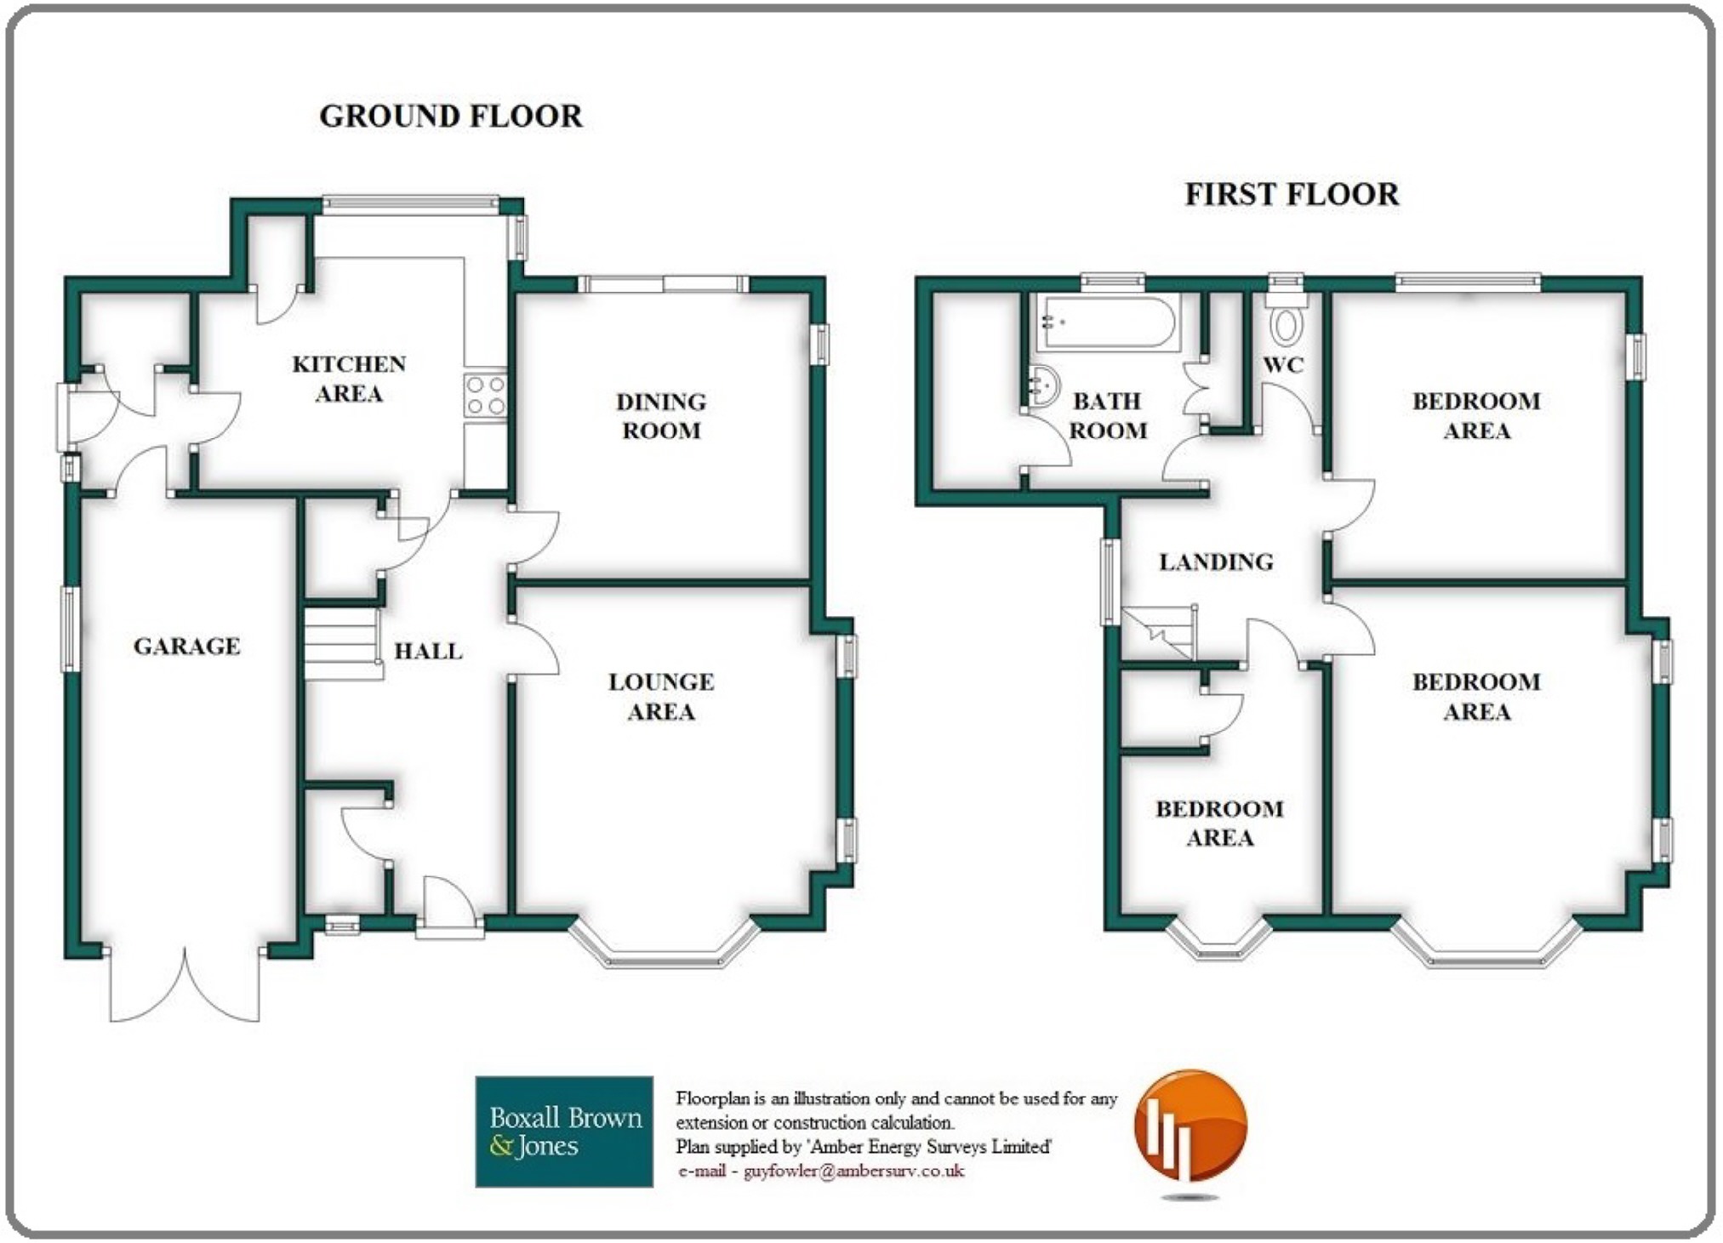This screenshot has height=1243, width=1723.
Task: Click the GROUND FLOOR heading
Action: pos(451,116)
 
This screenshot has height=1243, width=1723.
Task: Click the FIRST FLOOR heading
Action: pos(1292,194)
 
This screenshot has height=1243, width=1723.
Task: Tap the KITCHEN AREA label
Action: pos(349,379)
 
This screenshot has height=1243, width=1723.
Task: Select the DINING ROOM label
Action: pos(661,416)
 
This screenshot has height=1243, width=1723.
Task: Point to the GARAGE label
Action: pos(187,647)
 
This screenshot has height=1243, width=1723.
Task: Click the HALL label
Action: pos(428,652)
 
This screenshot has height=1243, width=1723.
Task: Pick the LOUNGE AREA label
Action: pos(661,697)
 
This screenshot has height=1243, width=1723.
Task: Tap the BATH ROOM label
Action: pos(1108,416)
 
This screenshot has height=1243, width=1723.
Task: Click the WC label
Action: pos(1283,365)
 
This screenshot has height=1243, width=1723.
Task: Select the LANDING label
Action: pos(1216,562)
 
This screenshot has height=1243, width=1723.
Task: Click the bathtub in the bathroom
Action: pos(1108,322)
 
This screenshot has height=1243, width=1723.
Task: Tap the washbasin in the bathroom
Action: pos(1043,388)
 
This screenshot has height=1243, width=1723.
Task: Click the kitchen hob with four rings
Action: pos(486,396)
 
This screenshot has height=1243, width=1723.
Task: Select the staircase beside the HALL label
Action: pos(343,641)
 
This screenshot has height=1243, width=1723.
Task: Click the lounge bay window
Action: pos(664,946)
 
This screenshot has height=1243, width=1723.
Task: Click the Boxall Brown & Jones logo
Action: pos(564,1132)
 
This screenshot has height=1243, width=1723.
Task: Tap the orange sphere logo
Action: pos(1190,1126)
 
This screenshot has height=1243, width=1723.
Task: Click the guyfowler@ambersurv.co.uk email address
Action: pos(853,1172)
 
